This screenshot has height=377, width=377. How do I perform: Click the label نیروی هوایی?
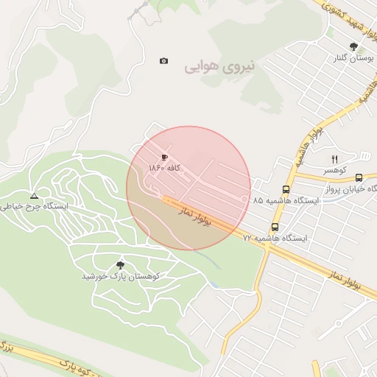(219, 67)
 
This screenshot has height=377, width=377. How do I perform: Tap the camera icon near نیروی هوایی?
(163, 60)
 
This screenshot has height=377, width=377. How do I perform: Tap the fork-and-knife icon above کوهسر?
(334, 158)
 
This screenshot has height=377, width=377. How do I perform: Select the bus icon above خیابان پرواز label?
(359, 177)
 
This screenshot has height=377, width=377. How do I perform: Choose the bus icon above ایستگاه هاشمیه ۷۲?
(275, 227)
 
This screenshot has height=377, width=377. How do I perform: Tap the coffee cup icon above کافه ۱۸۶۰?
(164, 157)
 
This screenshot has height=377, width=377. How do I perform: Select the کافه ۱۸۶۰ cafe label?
(164, 169)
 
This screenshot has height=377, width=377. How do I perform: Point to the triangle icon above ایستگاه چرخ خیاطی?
(34, 195)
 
